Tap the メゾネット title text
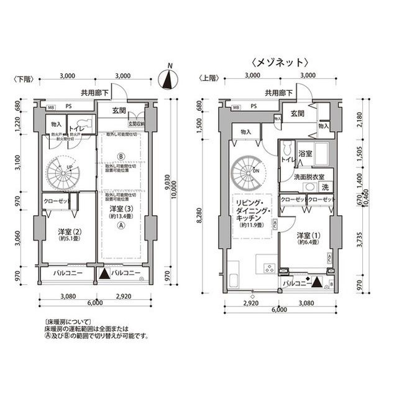[280, 62]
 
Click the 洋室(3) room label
[122, 211]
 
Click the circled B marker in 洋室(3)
[122, 155]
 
